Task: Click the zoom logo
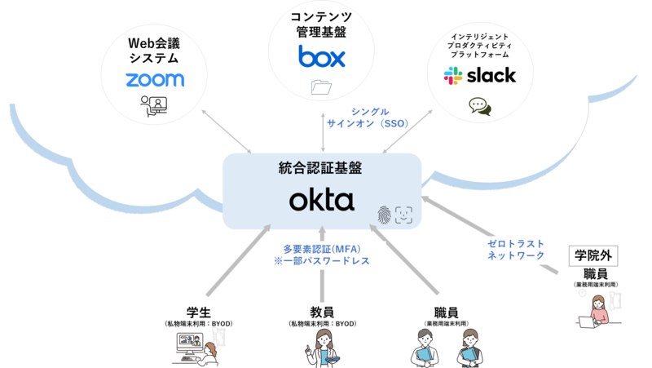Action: pos(155,79)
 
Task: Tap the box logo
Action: pos(322,56)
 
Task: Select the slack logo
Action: pos(479,76)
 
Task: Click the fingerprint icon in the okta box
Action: pos(384,215)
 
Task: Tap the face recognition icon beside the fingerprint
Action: pos(404,215)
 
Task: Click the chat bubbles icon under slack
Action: pos(479,106)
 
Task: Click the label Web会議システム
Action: pos(154,50)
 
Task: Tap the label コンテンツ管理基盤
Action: pos(321,24)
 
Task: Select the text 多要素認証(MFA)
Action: pos(322,248)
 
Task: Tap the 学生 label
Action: pos(199,313)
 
